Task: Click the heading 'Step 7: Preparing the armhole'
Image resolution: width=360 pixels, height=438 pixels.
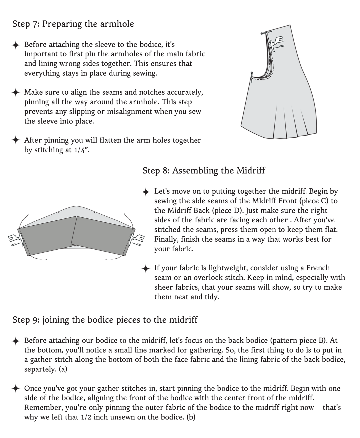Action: pos(73,24)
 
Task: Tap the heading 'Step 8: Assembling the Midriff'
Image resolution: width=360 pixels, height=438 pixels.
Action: pos(203,170)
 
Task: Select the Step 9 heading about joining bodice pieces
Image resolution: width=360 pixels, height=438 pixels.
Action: pos(105,320)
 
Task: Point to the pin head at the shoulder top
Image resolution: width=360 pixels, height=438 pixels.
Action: pos(262,33)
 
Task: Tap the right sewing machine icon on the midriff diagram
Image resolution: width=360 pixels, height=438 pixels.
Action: pos(137,239)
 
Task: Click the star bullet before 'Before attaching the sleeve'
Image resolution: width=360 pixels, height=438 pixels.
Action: pos(16,45)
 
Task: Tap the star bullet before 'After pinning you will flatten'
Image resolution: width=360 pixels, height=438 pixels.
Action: pos(16,140)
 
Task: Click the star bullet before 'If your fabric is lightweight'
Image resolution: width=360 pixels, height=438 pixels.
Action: pos(146,268)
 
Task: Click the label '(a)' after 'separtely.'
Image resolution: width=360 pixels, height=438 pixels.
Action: pos(63,369)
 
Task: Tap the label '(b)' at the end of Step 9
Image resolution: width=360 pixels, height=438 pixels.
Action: pos(191,417)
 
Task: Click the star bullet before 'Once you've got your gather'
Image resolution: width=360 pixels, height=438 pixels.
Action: pos(16,389)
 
